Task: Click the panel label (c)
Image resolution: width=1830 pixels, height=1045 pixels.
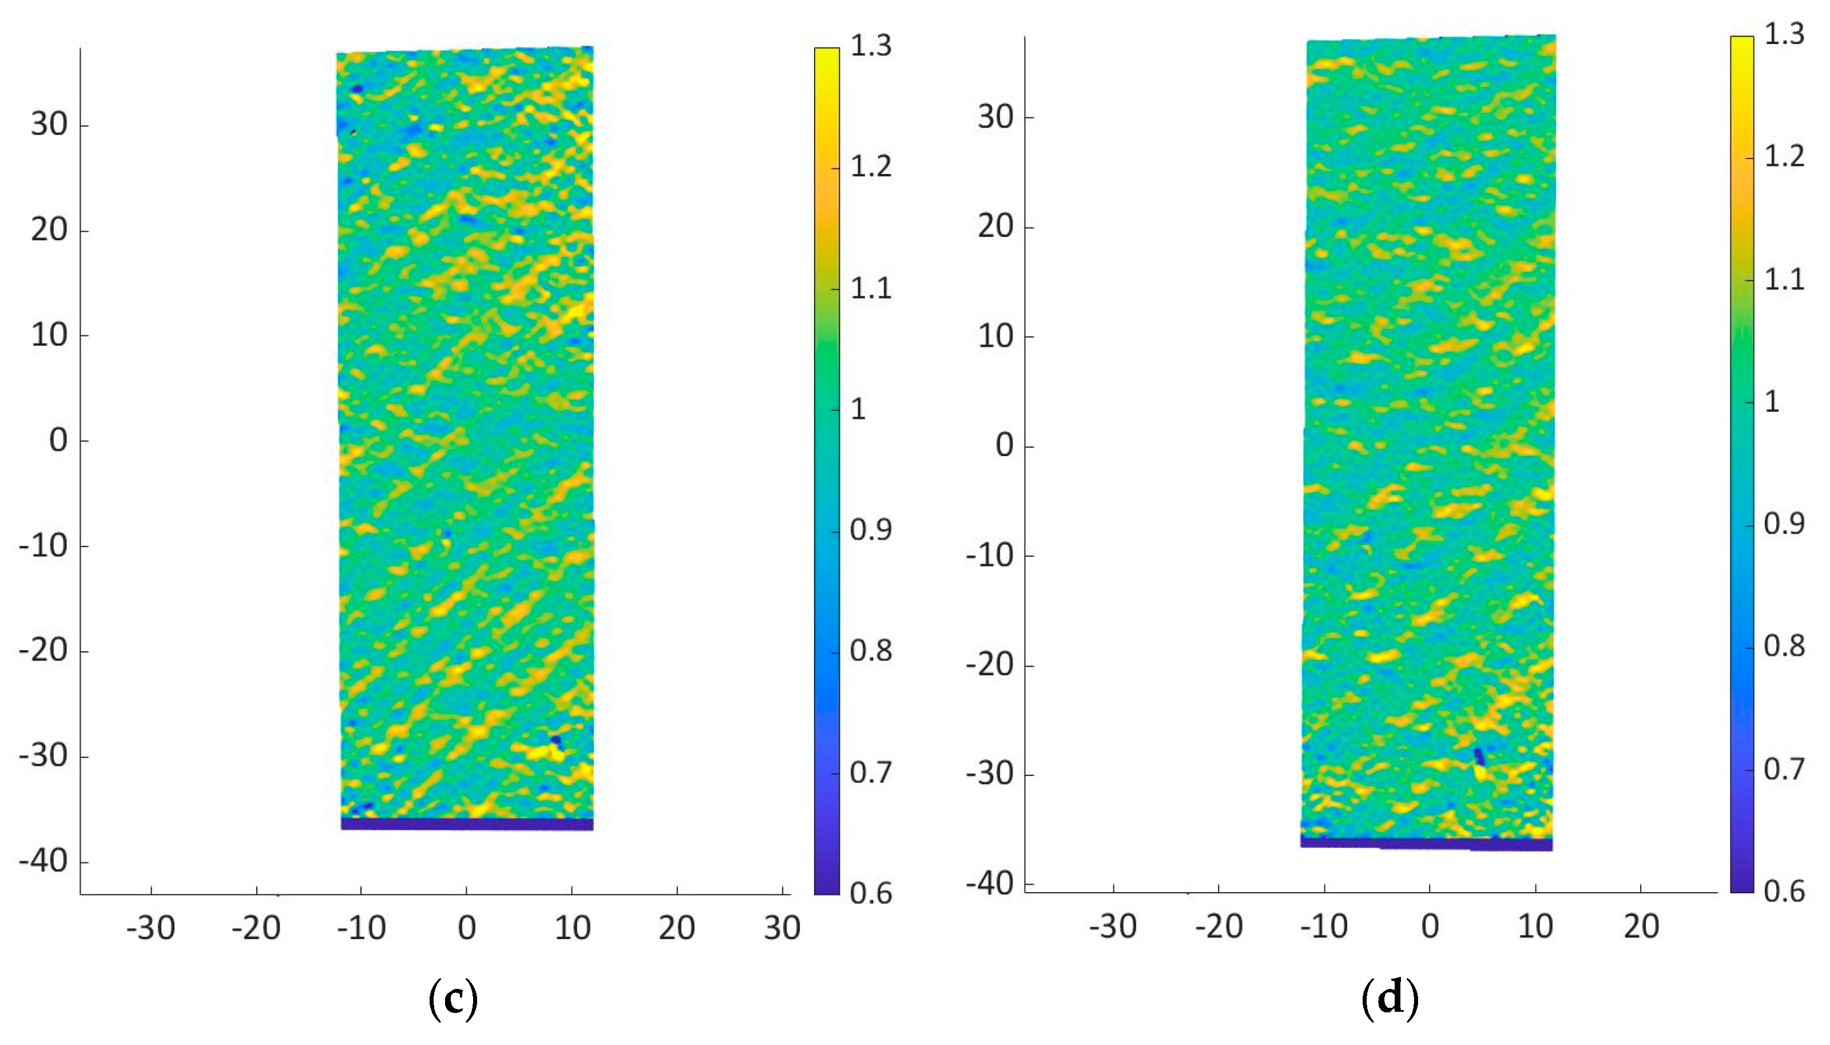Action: click(x=452, y=998)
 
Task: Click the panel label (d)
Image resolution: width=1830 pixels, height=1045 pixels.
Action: click(x=1390, y=998)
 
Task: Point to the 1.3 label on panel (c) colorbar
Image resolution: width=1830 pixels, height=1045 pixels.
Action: click(x=870, y=46)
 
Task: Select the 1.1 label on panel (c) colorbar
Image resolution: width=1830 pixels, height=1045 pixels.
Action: click(x=870, y=288)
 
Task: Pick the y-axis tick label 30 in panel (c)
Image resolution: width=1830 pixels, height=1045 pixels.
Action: click(x=49, y=125)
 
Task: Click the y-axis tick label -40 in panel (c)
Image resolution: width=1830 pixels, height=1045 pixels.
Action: click(x=43, y=861)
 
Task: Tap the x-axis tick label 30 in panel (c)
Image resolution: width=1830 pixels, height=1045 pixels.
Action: click(x=781, y=928)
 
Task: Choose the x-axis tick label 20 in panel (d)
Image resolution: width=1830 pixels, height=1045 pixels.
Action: click(x=1641, y=927)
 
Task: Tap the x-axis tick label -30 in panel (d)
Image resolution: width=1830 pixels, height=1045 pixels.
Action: click(x=1112, y=927)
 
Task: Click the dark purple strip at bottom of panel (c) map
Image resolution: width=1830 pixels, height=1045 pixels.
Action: click(x=466, y=824)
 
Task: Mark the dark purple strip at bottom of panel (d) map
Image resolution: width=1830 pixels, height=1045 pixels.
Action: click(x=1426, y=844)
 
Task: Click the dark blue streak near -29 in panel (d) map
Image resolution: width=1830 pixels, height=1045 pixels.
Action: click(x=1478, y=756)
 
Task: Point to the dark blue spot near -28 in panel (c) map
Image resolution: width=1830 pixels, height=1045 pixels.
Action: click(x=556, y=739)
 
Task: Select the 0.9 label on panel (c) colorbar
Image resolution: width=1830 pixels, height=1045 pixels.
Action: click(x=870, y=531)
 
